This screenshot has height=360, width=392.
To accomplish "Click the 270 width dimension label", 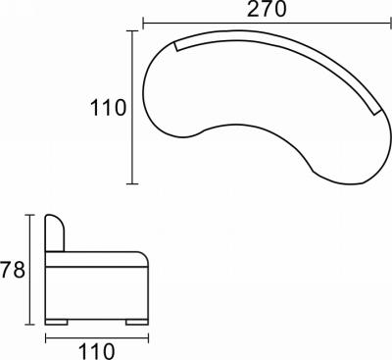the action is [x=267, y=9].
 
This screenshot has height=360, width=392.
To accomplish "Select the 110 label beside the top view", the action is [x=108, y=108].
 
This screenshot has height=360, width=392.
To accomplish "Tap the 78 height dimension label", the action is [x=12, y=270].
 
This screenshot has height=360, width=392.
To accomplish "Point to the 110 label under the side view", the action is [x=97, y=351].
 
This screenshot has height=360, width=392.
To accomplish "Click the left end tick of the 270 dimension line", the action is [x=143, y=24].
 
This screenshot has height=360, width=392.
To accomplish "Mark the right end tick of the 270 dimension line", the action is [x=391, y=24].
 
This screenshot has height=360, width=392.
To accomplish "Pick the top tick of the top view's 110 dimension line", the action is [x=132, y=31].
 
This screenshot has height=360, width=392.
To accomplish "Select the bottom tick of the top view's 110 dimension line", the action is [x=132, y=183].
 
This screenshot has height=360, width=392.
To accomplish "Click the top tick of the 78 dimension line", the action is [x=30, y=215].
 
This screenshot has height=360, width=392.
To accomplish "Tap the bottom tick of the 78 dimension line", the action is [x=30, y=325].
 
